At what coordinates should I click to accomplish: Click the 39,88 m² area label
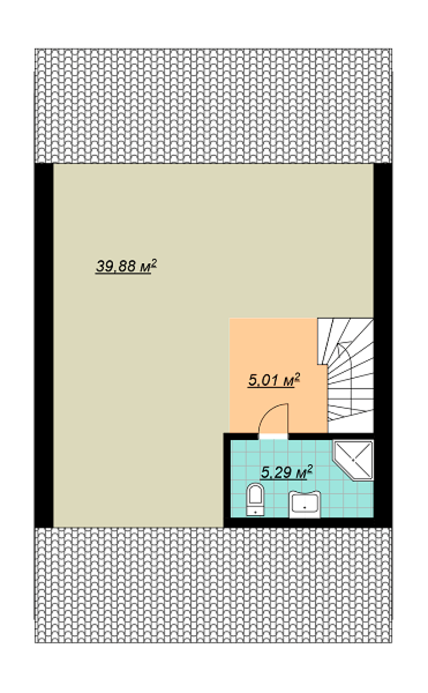pyautogui.click(x=126, y=266)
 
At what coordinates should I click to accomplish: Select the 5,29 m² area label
pyautogui.click(x=286, y=472)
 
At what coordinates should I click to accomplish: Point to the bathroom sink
pyautogui.click(x=304, y=504)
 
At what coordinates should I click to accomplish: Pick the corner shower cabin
pyautogui.click(x=354, y=460)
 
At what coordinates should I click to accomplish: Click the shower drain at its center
pyautogui.click(x=353, y=460)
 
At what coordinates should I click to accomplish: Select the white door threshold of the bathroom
pyautogui.click(x=273, y=436)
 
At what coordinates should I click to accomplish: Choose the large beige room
pyautogui.click(x=155, y=309)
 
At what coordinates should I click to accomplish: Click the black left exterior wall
pyautogui.click(x=44, y=345)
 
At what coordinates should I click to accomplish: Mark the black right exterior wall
pyautogui.click(x=383, y=345)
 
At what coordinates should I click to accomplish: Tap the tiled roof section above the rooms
pyautogui.click(x=213, y=106)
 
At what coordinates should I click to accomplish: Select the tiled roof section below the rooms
pyautogui.click(x=213, y=585)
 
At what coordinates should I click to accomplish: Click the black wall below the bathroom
pyautogui.click(x=308, y=522)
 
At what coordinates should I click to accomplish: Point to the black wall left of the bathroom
pyautogui.click(x=227, y=480)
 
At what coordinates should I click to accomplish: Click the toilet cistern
pyautogui.click(x=255, y=511)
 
